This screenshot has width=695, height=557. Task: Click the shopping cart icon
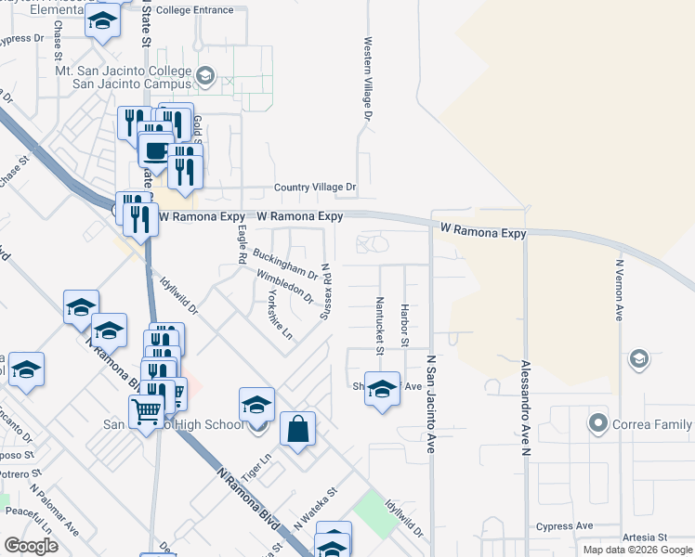(146, 411)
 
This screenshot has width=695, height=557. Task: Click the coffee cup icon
(155, 150)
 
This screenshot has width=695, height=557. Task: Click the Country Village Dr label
(315, 188)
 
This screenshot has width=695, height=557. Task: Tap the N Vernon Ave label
(618, 290)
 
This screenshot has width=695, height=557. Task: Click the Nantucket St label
(380, 325)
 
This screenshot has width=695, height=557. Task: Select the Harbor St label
(405, 325)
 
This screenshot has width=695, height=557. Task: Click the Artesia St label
(645, 537)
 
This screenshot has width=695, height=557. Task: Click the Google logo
(32, 546)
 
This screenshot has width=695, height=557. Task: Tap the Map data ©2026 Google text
(636, 550)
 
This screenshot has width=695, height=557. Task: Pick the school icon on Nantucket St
(381, 390)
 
